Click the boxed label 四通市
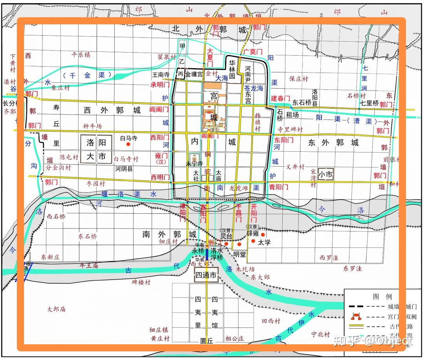click(x=206, y=276)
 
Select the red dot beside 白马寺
click(x=128, y=144)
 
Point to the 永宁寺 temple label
click(x=194, y=164)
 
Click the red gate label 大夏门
click(x=210, y=57)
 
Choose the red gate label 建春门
click(x=280, y=98)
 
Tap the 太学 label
click(x=264, y=242)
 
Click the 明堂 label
click(x=239, y=255)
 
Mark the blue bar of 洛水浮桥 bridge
click(x=207, y=254)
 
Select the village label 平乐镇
click(x=80, y=55)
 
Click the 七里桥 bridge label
click(x=369, y=103)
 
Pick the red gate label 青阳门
click(x=278, y=187)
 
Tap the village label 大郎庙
click(x=56, y=309)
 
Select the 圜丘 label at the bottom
click(x=206, y=341)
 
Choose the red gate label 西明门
click(x=160, y=177)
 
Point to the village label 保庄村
click(x=299, y=78)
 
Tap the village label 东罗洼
click(x=353, y=269)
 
